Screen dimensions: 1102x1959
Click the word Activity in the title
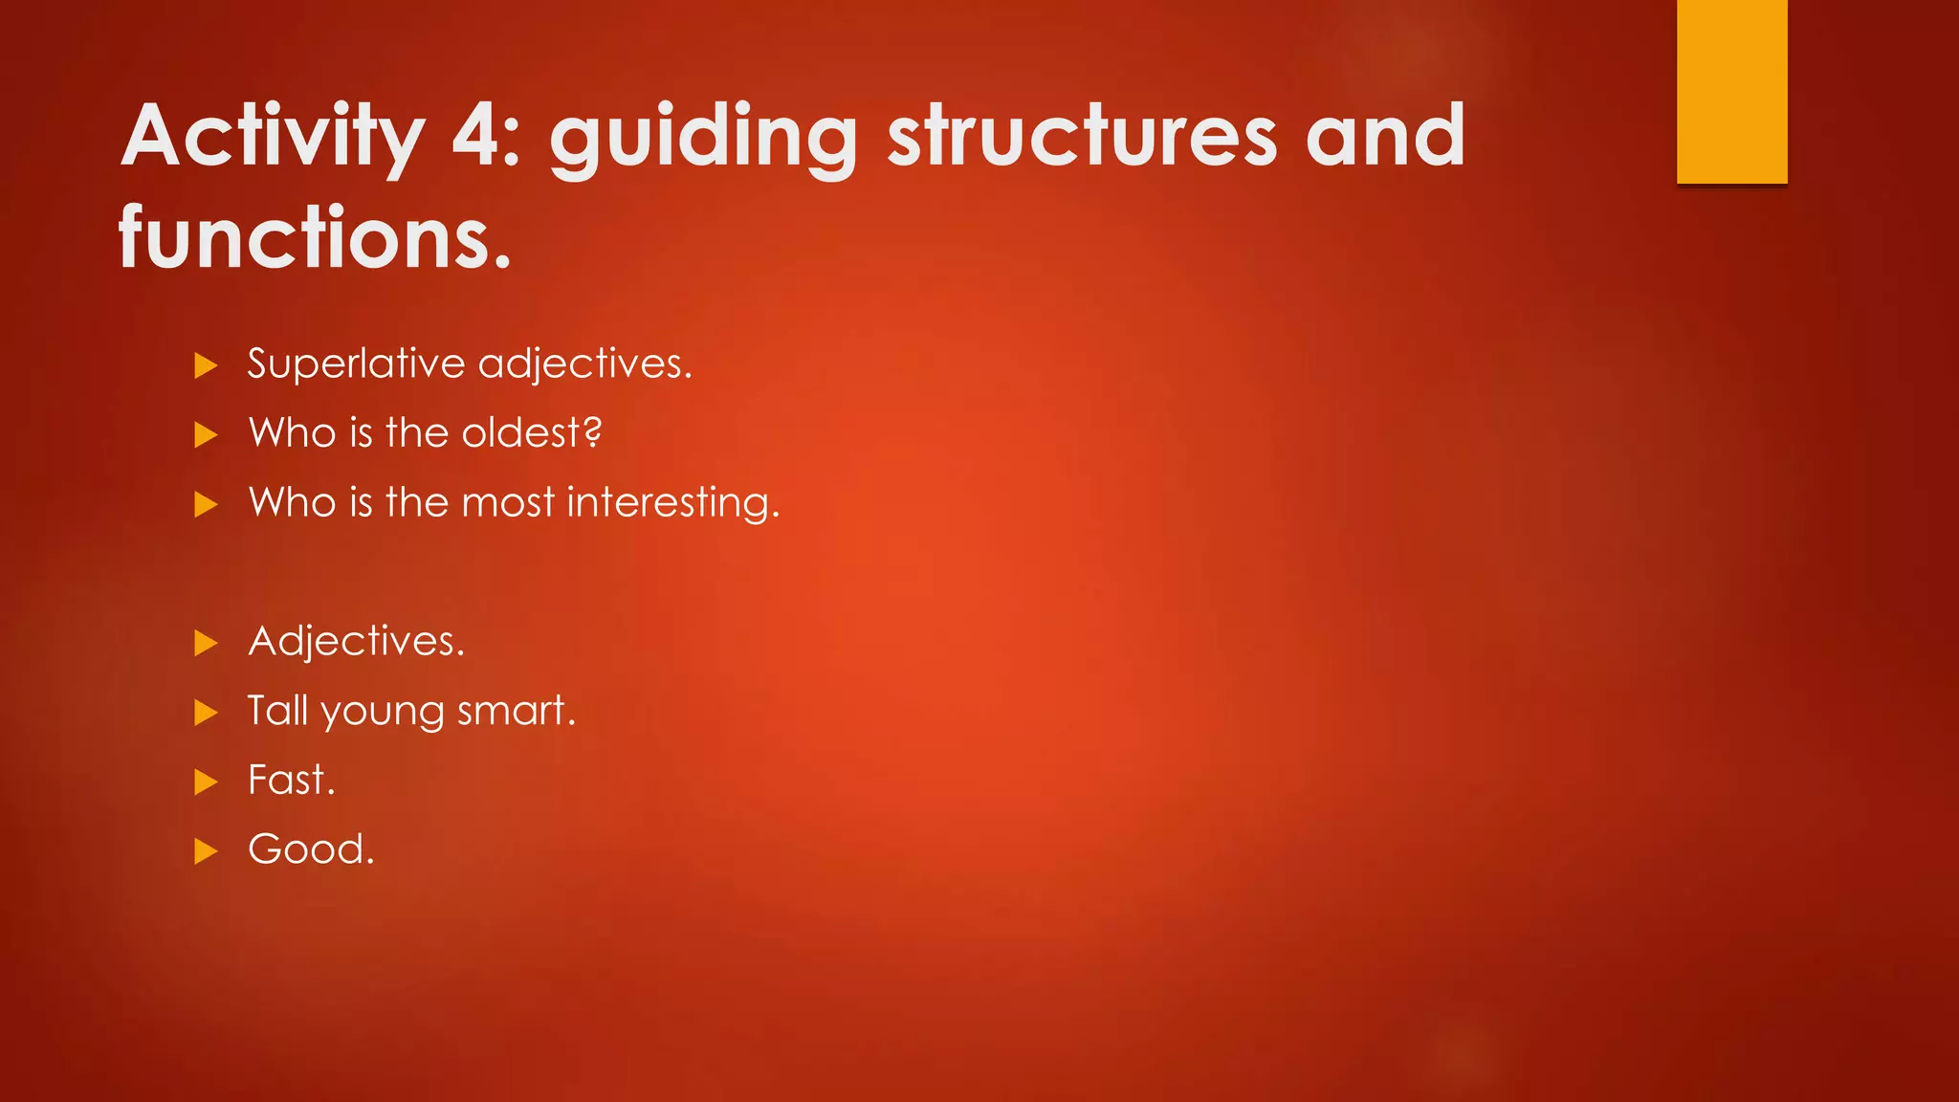(273, 136)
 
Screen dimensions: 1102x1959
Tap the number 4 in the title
(484, 136)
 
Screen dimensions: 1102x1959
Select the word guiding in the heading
(703, 136)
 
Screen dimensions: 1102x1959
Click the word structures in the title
(1082, 136)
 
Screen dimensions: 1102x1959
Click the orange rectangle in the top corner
(1731, 91)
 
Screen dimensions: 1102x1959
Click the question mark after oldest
(592, 432)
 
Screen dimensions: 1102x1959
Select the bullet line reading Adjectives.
(356, 641)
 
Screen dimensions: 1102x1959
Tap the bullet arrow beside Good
(206, 850)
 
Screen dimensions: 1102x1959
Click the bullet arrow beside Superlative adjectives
(206, 365)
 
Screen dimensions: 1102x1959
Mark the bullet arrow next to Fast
(206, 782)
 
